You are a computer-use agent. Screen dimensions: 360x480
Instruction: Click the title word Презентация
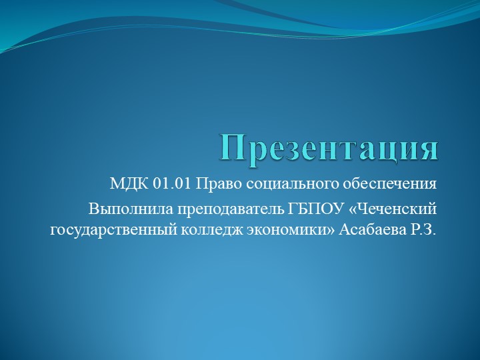pyautogui.click(x=330, y=148)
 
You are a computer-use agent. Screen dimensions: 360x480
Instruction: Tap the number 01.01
pyautogui.click(x=171, y=183)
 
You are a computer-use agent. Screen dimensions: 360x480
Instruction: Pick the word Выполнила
pyautogui.click(x=123, y=209)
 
